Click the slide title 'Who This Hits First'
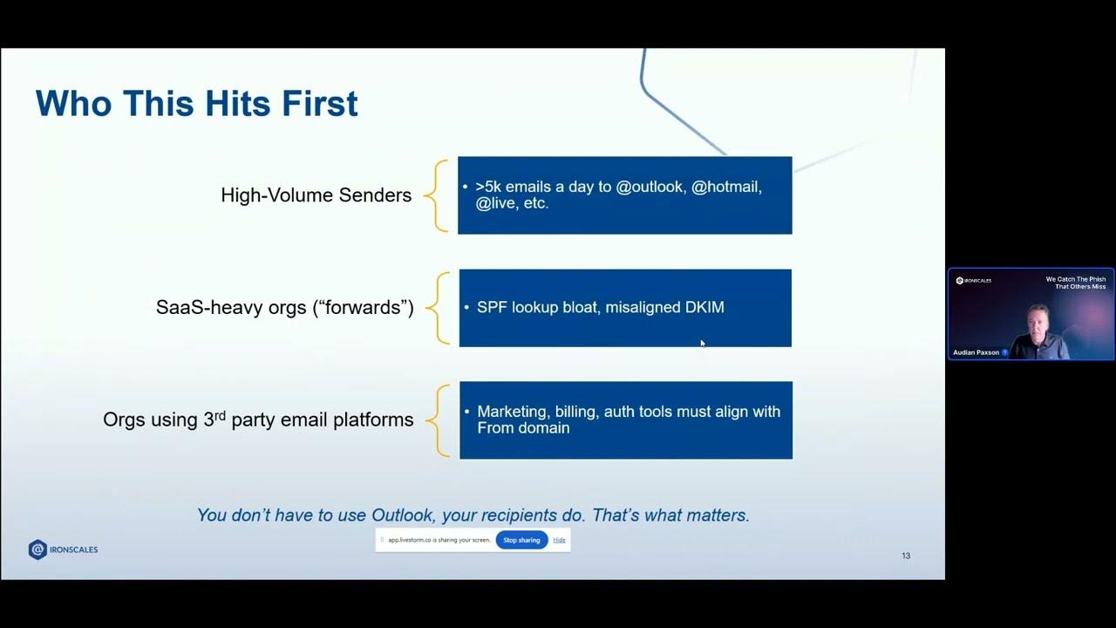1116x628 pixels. (196, 104)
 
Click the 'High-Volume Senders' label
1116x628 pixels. (316, 195)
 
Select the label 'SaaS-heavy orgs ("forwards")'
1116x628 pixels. (284, 308)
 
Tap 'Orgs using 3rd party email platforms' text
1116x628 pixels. (258, 420)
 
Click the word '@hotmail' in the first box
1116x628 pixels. (726, 187)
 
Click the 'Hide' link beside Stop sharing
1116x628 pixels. (559, 540)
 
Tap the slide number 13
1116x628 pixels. (906, 556)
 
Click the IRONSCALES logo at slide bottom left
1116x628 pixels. (63, 549)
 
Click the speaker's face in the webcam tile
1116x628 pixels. (1038, 318)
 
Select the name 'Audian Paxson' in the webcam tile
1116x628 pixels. (976, 352)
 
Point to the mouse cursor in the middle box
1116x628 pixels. (703, 344)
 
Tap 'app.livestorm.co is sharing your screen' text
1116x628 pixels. (439, 540)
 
